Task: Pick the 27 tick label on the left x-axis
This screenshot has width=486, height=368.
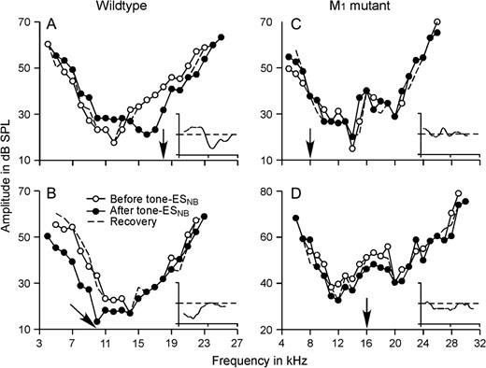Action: click(x=238, y=343)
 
